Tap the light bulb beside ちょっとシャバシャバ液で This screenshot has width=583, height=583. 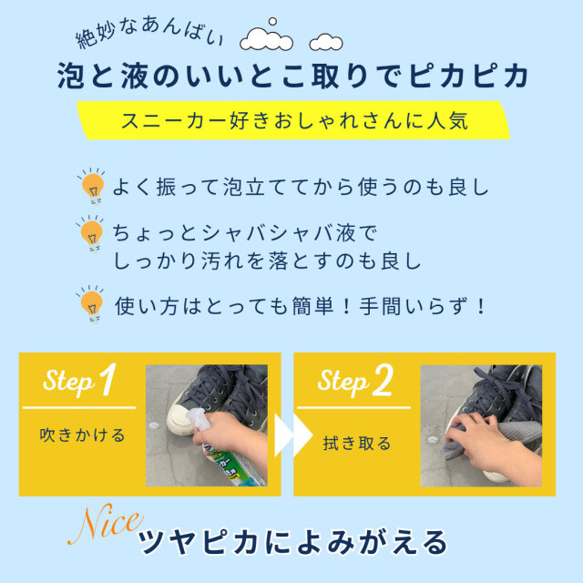coord(91,234)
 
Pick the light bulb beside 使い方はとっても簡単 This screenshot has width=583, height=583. coord(91,303)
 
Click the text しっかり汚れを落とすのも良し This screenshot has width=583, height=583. coord(266,261)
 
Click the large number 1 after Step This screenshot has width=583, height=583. coord(107,381)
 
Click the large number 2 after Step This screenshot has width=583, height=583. coord(382,382)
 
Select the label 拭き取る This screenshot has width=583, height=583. coord(357,444)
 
